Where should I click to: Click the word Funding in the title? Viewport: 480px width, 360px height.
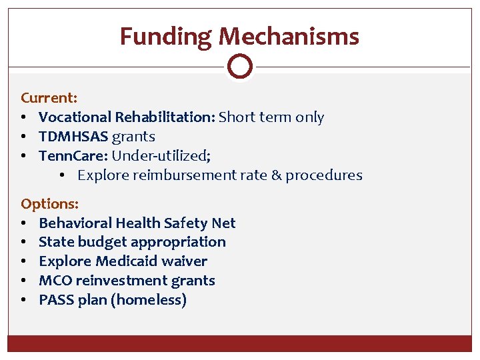pyautogui.click(x=166, y=36)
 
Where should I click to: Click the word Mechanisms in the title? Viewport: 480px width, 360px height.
pyautogui.click(x=289, y=36)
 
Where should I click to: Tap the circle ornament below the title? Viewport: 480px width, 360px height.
pyautogui.click(x=240, y=66)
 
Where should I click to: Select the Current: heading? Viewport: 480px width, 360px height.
pyautogui.click(x=49, y=97)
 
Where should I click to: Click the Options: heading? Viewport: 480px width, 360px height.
pyautogui.click(x=49, y=203)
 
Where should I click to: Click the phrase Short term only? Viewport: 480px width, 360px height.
pyautogui.click(x=271, y=117)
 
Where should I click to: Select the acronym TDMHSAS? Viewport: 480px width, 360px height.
pyautogui.click(x=73, y=137)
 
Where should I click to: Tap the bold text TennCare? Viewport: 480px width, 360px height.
pyautogui.click(x=73, y=156)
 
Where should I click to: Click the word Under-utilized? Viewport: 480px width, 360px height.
pyautogui.click(x=160, y=156)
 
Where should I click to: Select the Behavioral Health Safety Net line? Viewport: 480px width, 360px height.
pyautogui.click(x=137, y=223)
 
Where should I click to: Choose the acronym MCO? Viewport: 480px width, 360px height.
pyautogui.click(x=55, y=281)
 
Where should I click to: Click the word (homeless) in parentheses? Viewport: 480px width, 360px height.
pyautogui.click(x=149, y=300)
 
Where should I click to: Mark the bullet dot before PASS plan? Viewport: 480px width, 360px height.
pyautogui.click(x=24, y=300)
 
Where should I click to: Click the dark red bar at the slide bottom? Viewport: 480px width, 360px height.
pyautogui.click(x=240, y=343)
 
